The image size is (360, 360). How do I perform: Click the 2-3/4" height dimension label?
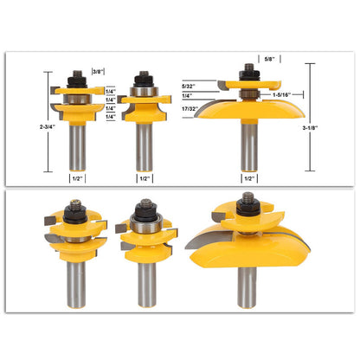coord(48,126)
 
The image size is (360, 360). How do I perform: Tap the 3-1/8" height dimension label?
coord(310,128)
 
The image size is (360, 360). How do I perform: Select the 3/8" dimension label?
coord(98,72)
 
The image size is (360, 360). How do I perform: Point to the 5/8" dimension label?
coord(270,59)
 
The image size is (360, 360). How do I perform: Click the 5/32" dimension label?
coord(189,86)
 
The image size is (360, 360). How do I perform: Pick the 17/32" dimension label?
coord(190,109)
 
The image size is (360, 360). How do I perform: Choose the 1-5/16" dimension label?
coord(281,94)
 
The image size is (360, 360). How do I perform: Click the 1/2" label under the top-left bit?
coord(77,178)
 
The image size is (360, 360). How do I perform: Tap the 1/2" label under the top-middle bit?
coord(145,178)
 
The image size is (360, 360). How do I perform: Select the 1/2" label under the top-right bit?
coord(249,178)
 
